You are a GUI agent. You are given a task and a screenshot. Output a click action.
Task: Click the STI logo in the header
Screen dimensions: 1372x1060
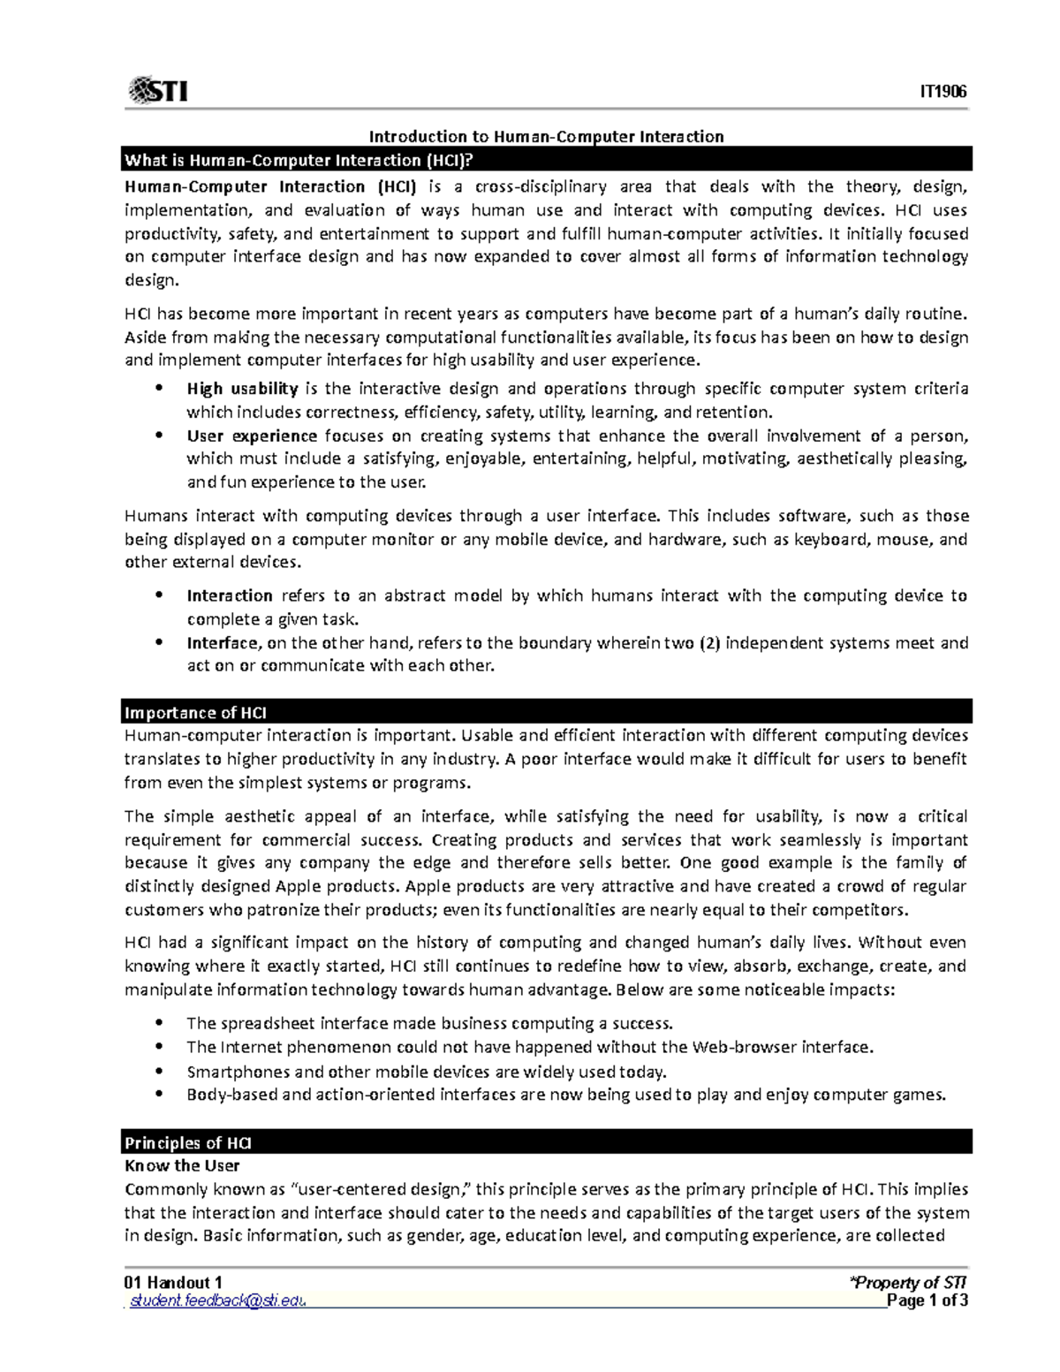tap(158, 90)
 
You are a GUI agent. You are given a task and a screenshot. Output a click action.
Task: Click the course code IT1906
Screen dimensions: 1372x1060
tap(943, 92)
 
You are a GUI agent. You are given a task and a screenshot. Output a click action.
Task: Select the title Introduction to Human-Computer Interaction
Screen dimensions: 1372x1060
tap(546, 136)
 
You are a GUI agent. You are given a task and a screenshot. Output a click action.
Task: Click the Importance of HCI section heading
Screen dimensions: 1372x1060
tap(195, 712)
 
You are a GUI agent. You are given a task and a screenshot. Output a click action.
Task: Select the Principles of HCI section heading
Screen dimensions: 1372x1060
tap(188, 1142)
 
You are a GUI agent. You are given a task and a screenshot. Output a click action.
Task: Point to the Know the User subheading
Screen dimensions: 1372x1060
tap(182, 1165)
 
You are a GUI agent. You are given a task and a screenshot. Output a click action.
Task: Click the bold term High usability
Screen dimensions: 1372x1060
tap(242, 389)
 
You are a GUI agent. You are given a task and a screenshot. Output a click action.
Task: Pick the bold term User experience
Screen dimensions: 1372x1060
tap(252, 436)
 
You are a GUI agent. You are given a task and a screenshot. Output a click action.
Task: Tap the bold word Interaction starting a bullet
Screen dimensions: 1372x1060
tap(230, 595)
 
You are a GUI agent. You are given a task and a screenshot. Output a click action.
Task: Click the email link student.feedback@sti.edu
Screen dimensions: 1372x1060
tap(217, 1300)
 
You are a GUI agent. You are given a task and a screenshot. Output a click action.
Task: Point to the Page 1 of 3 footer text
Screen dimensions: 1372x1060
tap(927, 1300)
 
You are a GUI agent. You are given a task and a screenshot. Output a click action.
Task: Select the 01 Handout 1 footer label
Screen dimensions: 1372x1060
tap(173, 1282)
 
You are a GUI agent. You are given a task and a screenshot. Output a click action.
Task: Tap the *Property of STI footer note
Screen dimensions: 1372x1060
tap(907, 1282)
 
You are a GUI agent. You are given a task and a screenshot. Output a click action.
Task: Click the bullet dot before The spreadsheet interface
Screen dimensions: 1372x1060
tap(159, 1022)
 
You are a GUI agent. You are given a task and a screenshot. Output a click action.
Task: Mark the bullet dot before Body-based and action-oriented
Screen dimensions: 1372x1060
tap(159, 1094)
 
